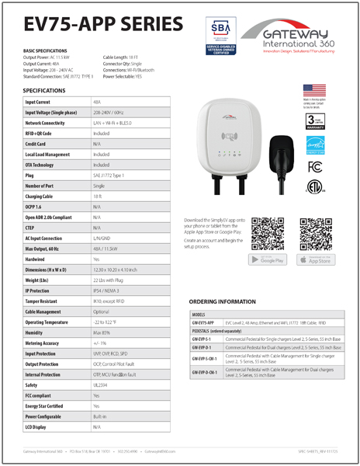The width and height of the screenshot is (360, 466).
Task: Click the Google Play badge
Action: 267,259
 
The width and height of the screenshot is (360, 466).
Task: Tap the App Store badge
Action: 314,259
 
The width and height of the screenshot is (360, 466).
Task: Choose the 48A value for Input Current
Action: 97,102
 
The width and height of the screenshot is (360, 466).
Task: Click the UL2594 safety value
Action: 101,384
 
